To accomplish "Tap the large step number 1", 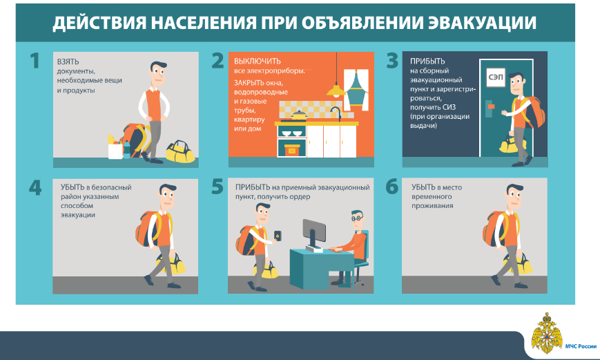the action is (x=35, y=61).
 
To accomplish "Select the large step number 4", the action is (x=35, y=188).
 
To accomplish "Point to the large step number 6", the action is (x=392, y=187).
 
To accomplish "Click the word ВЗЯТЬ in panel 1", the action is (x=68, y=61).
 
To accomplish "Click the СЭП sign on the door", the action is (x=496, y=77).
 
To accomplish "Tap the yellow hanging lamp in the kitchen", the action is (x=336, y=91).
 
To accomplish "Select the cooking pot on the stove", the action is (x=298, y=115).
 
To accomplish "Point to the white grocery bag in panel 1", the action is (x=115, y=151).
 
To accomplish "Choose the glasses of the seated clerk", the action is (x=357, y=218).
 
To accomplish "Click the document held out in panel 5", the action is (x=278, y=236).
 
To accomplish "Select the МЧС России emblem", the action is (x=547, y=333).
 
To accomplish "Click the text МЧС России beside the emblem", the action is (x=581, y=346).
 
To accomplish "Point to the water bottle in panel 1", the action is (x=126, y=149).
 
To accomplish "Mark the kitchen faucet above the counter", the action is (x=336, y=114).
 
